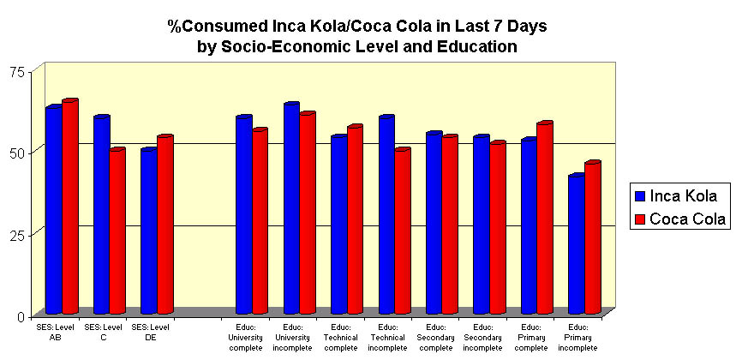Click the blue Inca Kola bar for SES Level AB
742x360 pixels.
(x=53, y=210)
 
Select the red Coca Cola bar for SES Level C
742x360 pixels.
(x=117, y=231)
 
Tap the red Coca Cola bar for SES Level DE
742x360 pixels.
(x=165, y=225)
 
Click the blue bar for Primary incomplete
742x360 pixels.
(x=576, y=244)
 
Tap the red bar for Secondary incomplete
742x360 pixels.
(x=497, y=228)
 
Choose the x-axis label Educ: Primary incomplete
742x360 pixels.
(x=577, y=337)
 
